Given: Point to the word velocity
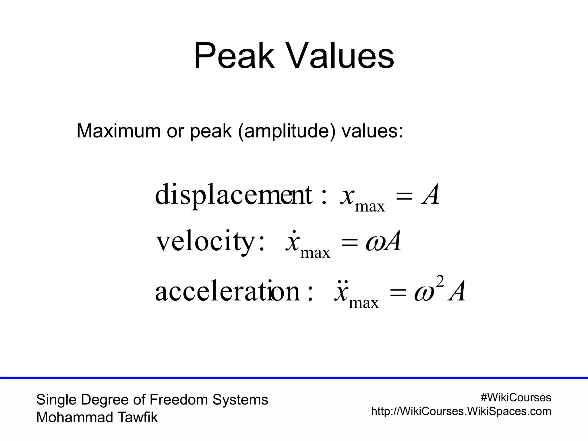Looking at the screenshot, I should (205, 242).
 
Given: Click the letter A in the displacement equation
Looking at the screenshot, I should (430, 195).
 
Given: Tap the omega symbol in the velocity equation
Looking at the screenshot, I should (374, 243).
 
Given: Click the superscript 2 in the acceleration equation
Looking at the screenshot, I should (440, 282).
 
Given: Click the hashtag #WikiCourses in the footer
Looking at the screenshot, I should (516, 398).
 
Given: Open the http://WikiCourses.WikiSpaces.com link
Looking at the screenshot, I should (461, 411).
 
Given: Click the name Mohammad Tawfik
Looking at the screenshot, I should (97, 417).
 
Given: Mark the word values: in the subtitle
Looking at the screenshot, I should (372, 131).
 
